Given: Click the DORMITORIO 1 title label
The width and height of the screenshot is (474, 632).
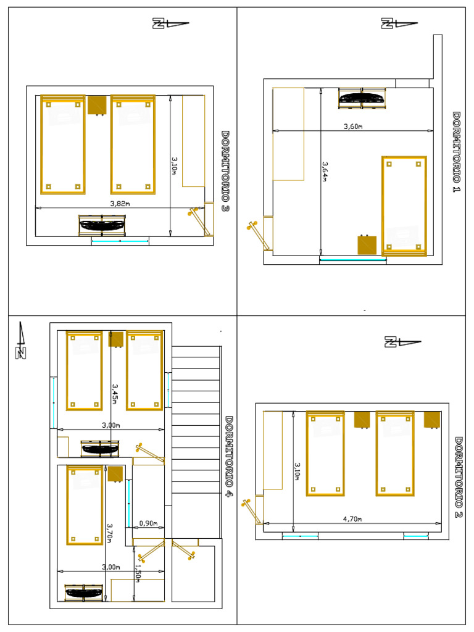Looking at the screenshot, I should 457,152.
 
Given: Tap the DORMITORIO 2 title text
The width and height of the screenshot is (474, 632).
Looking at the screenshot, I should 459,477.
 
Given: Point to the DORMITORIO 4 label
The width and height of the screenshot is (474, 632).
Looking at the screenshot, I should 229,459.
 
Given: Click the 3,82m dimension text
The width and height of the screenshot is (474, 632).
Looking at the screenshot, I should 120,203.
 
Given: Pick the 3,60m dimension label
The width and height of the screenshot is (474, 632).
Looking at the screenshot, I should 352,127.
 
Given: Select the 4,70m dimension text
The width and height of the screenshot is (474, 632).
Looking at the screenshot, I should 352,519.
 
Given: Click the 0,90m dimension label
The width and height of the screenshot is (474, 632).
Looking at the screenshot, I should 148,523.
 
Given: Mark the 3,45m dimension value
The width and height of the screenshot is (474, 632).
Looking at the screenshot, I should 115,393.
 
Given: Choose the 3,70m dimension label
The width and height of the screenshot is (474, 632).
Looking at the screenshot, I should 110,533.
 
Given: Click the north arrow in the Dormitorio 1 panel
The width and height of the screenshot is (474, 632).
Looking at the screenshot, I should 398,24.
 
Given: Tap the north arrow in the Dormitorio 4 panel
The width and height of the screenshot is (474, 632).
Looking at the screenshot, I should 21,340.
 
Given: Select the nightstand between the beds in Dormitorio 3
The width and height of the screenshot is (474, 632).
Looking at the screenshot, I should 97,105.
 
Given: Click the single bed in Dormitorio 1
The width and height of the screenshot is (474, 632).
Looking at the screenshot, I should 404,205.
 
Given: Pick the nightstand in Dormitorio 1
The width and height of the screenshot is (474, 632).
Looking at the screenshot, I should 367,244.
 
